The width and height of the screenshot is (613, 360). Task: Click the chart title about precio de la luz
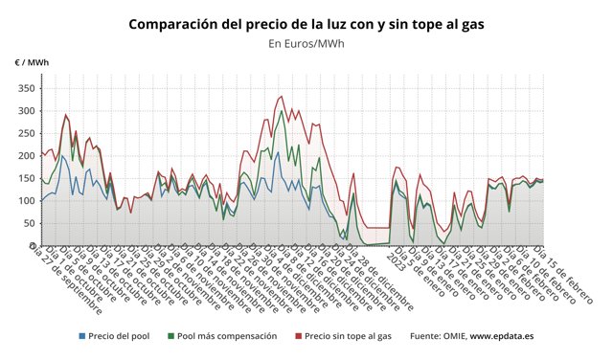(306, 23)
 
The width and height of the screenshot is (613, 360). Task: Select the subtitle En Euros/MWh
(306, 43)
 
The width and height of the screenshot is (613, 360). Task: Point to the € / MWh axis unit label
(32, 62)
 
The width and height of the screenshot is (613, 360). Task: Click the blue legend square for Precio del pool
(81, 336)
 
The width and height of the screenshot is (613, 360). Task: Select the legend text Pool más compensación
(228, 336)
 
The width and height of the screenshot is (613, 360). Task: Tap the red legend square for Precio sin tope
(298, 336)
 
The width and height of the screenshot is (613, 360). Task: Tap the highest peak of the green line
(282, 111)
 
